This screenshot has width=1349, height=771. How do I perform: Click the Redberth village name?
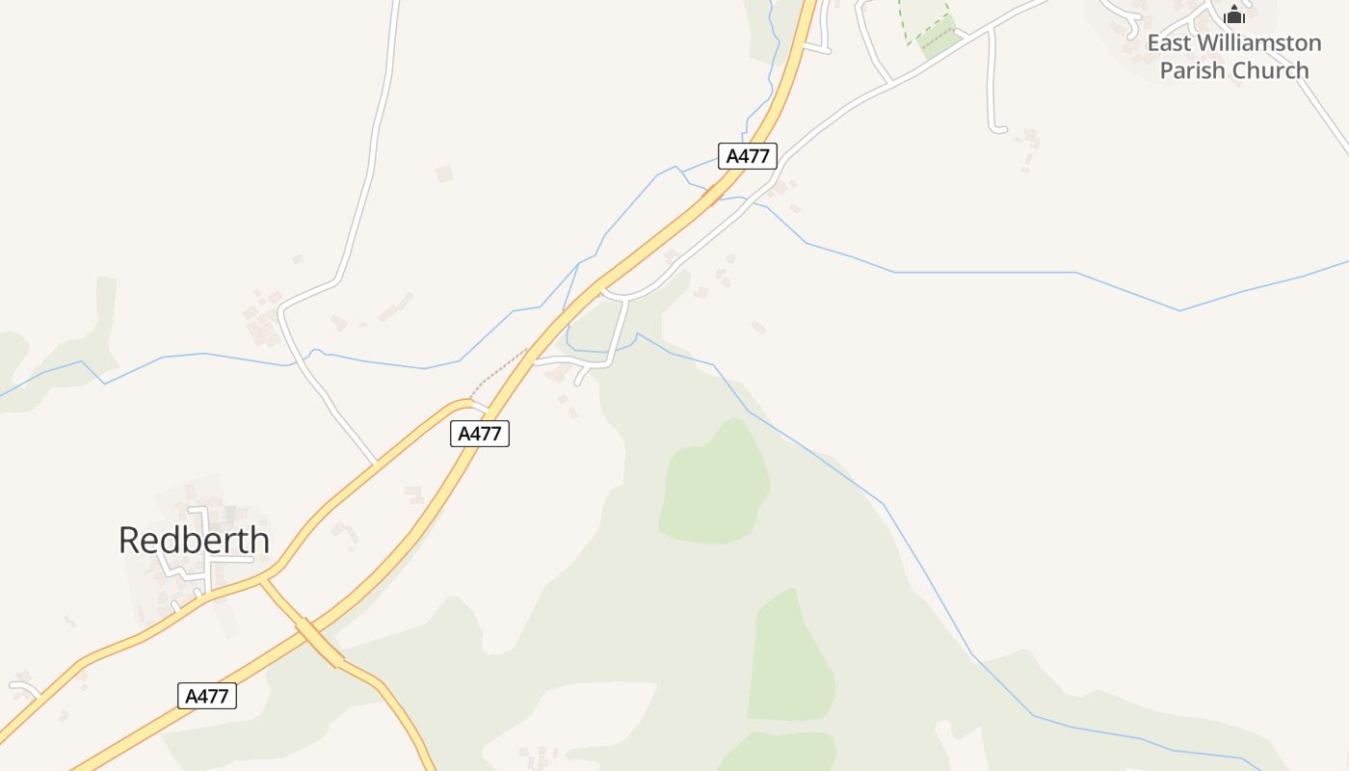194,541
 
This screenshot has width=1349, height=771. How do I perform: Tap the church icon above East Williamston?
1234,14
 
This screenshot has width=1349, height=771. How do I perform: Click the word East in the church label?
1168,43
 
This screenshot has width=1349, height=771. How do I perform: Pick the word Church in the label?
1274,70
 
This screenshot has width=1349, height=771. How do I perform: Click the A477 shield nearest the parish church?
747,156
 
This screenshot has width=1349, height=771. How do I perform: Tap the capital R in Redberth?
129,541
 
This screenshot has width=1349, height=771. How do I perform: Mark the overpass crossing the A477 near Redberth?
318,641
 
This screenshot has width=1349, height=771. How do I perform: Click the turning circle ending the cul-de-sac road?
998,128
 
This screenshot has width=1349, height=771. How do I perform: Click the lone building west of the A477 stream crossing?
444,173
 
